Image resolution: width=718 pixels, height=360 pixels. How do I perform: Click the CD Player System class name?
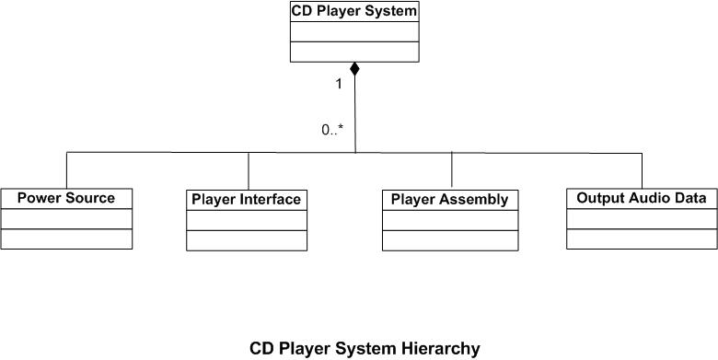pos(354,12)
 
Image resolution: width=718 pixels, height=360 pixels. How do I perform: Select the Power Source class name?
pos(66,198)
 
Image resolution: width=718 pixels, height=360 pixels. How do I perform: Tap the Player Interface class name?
pos(246,199)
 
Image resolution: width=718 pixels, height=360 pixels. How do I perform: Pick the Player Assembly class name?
pos(449,199)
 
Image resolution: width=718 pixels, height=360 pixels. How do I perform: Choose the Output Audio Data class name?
pos(641,198)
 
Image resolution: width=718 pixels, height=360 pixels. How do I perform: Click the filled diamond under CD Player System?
pos(354,70)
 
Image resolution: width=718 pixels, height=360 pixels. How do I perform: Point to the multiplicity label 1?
pos(339,84)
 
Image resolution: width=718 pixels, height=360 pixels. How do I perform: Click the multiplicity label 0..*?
pos(332,130)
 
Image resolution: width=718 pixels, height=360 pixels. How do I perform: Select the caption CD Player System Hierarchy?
pos(365,349)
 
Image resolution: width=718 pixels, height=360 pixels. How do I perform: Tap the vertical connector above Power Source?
pos(67,169)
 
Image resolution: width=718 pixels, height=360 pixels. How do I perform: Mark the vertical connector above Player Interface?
pos(249,170)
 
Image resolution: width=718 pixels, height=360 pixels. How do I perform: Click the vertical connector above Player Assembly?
pos(451,170)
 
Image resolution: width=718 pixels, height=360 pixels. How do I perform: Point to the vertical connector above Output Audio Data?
pos(642,169)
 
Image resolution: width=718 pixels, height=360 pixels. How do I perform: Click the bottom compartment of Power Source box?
pos(66,238)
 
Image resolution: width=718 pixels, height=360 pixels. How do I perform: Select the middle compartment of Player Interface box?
pos(246,219)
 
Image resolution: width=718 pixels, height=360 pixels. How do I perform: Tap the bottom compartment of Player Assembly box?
pos(449,240)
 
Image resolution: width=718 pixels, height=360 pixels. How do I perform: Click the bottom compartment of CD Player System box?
pos(354,52)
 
